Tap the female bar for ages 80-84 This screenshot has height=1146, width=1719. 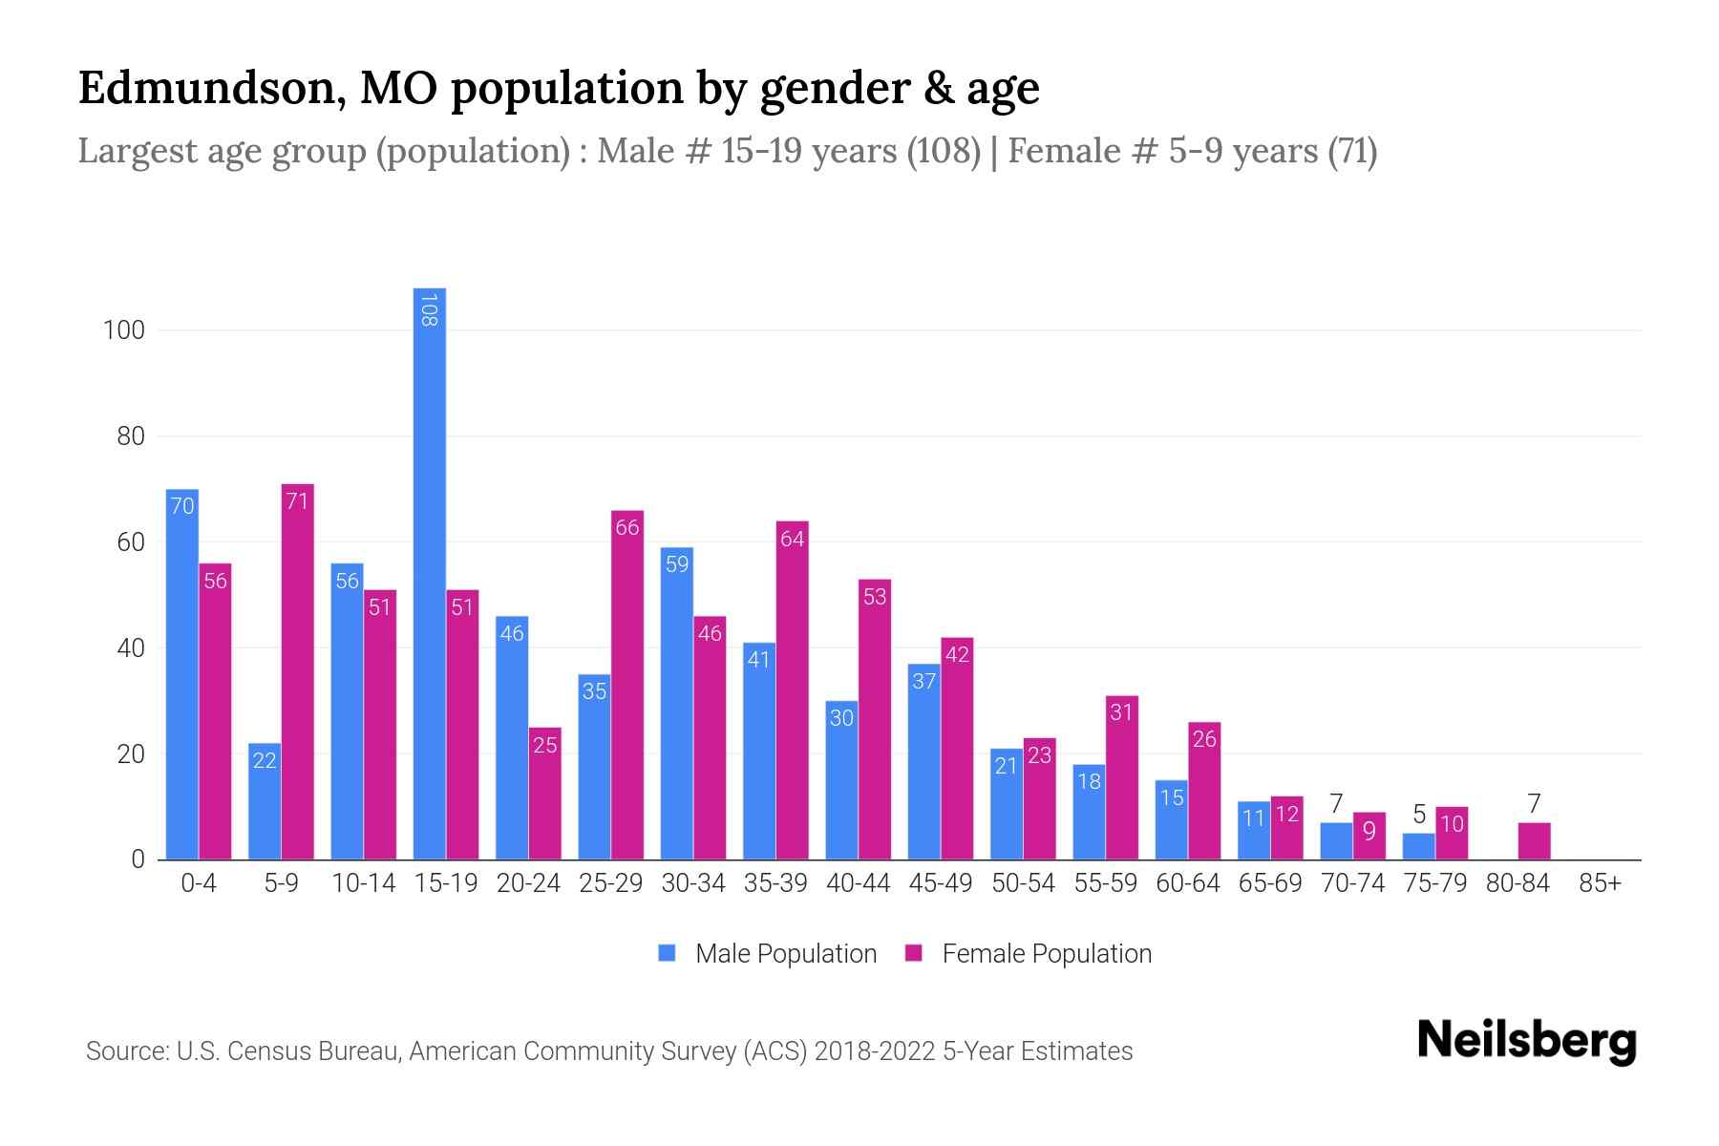1534,841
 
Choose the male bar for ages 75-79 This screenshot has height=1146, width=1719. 1419,847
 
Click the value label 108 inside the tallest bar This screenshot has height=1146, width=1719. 429,310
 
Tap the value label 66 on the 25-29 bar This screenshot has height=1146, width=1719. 627,527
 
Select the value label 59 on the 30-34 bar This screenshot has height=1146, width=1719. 677,564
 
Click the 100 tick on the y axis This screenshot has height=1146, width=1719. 124,330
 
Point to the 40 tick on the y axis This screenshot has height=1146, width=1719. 131,648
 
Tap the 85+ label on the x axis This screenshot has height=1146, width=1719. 1601,883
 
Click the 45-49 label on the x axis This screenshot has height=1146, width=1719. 941,883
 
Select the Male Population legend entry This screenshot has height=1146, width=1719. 768,954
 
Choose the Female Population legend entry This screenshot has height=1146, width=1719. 1029,954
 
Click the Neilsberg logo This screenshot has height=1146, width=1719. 1527,1041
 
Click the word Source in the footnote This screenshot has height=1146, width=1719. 125,1051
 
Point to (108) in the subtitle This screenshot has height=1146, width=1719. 944,151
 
